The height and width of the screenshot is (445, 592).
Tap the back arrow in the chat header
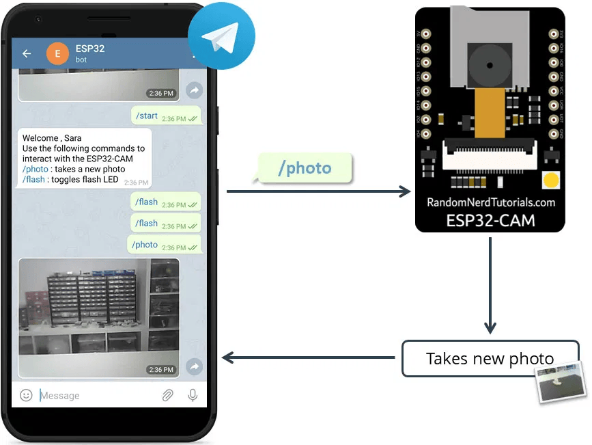(27, 53)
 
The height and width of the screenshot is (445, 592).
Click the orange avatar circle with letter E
(57, 53)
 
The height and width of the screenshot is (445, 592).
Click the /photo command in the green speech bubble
(305, 168)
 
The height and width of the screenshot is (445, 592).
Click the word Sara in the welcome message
(72, 138)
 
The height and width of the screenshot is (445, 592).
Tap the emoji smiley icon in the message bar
(26, 395)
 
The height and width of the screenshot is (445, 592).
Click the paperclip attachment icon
(167, 395)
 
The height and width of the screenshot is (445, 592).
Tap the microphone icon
(193, 395)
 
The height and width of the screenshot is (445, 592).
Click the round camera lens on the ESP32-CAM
(490, 64)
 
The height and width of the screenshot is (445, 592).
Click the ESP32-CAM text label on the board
(490, 221)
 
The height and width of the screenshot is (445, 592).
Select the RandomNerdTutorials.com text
(490, 202)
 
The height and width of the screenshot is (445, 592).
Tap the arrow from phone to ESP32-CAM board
(318, 191)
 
